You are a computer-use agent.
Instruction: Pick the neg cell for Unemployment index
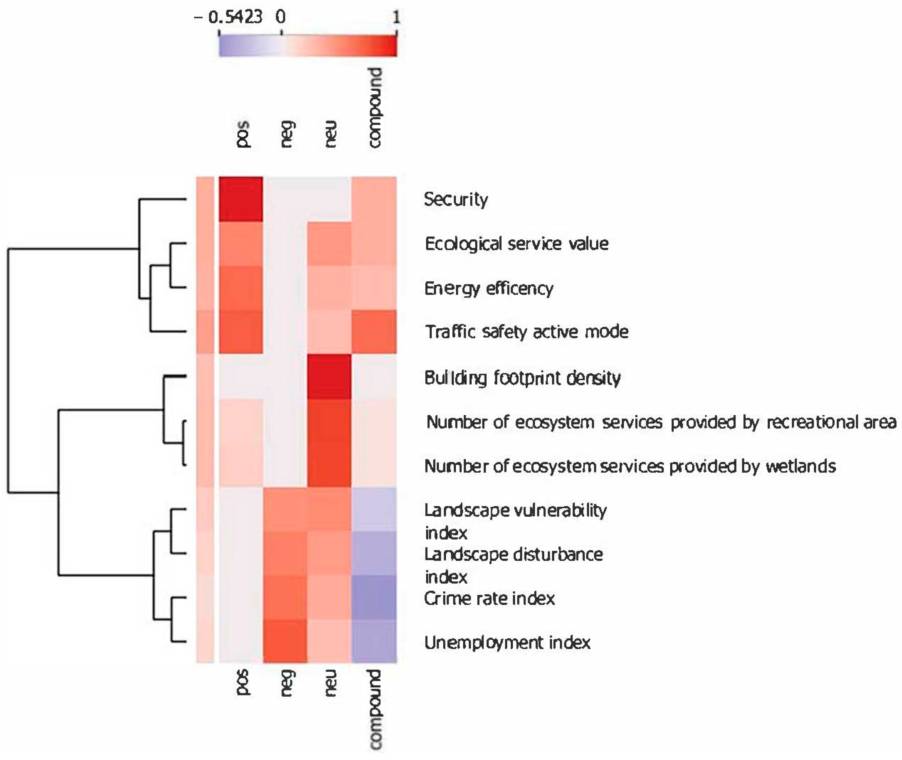[x=285, y=641]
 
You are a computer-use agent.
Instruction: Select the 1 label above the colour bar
[x=395, y=17]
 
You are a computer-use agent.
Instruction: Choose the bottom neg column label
[x=286, y=683]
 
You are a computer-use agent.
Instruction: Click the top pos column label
[x=242, y=135]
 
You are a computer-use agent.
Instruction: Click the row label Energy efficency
[x=488, y=288]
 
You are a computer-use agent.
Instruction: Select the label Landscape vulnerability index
[x=515, y=521]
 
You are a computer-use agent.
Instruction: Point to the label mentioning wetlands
[x=629, y=466]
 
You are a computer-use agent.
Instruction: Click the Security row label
[x=456, y=199]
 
